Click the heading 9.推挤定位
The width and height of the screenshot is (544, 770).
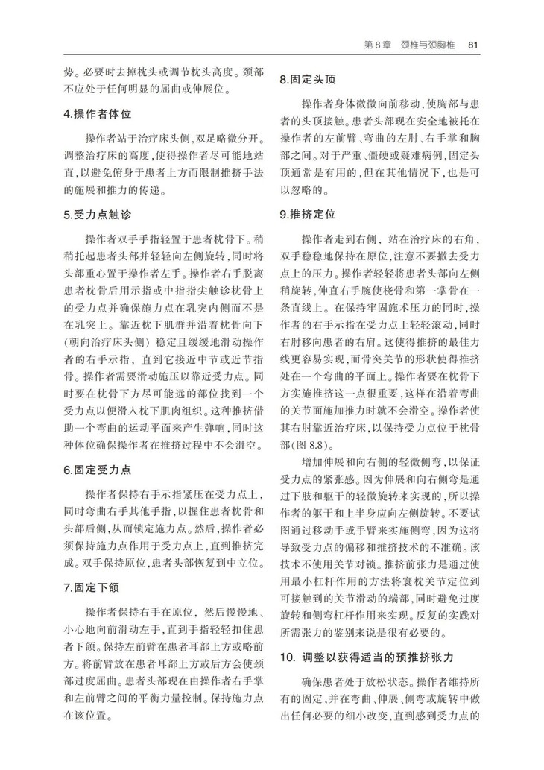(306, 215)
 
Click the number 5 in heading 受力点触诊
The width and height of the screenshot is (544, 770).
(66, 215)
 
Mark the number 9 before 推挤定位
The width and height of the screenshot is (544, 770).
(282, 215)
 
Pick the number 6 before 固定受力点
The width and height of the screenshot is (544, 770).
(66, 470)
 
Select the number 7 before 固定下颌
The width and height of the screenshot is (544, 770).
(66, 588)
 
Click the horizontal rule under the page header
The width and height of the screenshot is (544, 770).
(272, 54)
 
